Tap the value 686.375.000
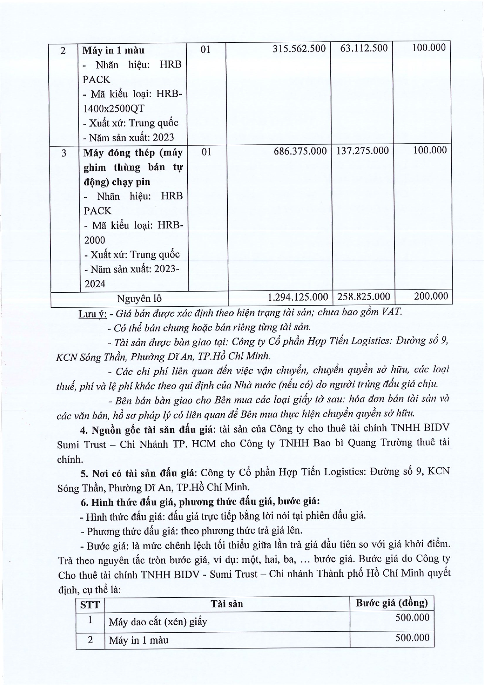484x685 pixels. click(300, 151)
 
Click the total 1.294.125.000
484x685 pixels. click(298, 297)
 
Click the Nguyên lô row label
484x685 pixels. click(139, 299)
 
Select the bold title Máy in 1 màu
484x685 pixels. click(113, 50)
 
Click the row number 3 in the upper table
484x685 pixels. click(64, 153)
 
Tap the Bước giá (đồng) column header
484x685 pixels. click(392, 603)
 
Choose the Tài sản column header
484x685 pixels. click(227, 604)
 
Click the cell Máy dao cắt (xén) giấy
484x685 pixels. click(158, 622)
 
